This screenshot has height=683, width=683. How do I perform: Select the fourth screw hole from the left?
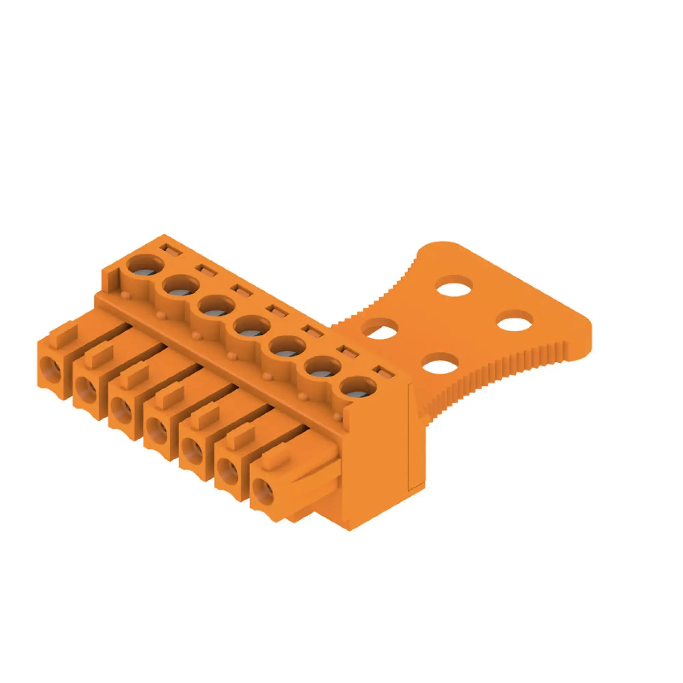pyautogui.click(x=252, y=327)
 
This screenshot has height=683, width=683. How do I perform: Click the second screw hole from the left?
pyautogui.click(x=181, y=287)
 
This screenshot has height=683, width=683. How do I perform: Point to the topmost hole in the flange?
pyautogui.click(x=455, y=286)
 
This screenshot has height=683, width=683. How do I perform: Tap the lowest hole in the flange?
pyautogui.click(x=440, y=364)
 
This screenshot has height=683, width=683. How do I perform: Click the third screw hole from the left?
pyautogui.click(x=217, y=307)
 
